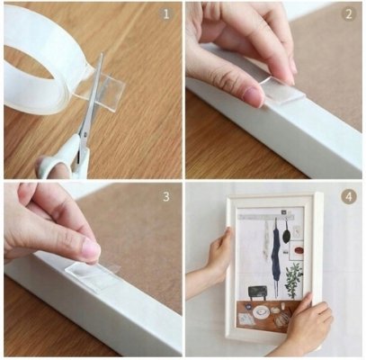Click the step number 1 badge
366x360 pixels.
pyautogui.click(x=165, y=14)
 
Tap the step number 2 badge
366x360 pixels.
pyautogui.click(x=348, y=14)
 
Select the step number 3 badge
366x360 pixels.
pyautogui.click(x=165, y=197)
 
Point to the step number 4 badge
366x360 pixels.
pyautogui.click(x=348, y=197)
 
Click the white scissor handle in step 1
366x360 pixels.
pyautogui.click(x=65, y=159)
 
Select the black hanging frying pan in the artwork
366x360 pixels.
pyautogui.click(x=286, y=235)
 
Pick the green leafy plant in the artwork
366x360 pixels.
pyautogui.click(x=294, y=279)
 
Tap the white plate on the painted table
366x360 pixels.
pyautogui.click(x=261, y=312)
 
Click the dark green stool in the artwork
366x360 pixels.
pyautogui.click(x=257, y=292)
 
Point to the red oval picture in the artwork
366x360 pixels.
pyautogui.click(x=299, y=250)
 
